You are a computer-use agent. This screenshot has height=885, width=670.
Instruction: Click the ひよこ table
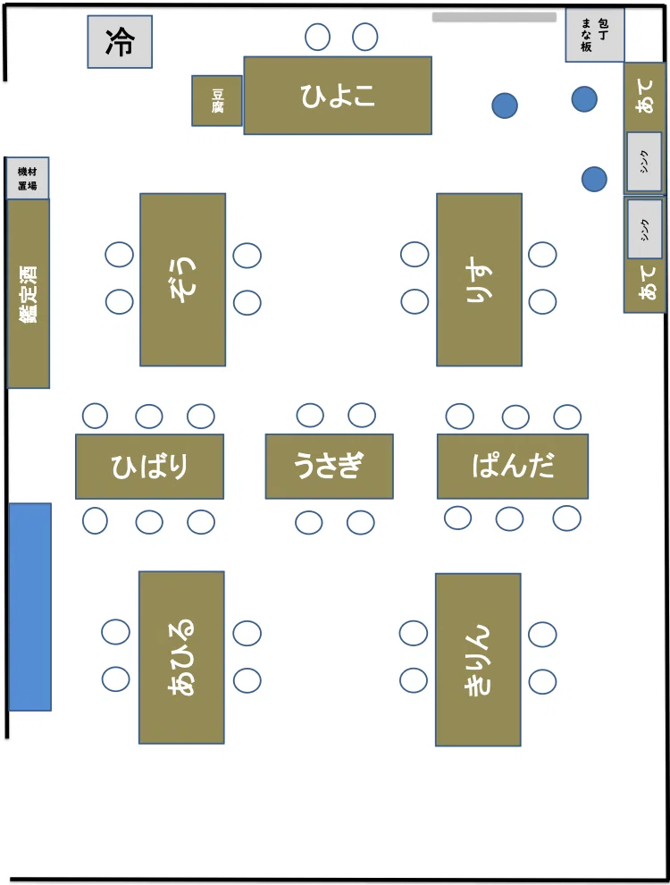(338, 96)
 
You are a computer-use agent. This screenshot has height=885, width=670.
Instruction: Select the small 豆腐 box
(217, 100)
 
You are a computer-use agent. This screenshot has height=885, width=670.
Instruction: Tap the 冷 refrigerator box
(120, 42)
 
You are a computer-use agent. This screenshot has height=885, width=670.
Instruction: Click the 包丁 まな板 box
(594, 35)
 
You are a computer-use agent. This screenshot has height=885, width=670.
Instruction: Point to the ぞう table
(183, 280)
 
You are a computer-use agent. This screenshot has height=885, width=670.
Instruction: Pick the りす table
(480, 280)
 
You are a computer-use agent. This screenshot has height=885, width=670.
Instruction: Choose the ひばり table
(149, 467)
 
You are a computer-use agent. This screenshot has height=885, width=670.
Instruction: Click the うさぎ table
(330, 467)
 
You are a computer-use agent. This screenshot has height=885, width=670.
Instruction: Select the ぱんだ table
(513, 467)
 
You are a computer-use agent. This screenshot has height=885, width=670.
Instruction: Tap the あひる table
(181, 657)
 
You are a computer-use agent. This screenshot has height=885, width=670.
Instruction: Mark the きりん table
(478, 659)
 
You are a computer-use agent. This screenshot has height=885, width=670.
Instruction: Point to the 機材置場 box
(28, 179)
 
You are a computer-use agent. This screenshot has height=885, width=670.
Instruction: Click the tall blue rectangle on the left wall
(29, 607)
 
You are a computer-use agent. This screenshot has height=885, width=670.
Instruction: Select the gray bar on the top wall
(495, 18)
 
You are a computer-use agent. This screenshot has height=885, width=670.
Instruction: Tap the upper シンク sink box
(644, 162)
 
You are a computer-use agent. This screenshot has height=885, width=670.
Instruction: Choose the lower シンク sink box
(644, 229)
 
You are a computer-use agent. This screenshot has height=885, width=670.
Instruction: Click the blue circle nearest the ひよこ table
(505, 105)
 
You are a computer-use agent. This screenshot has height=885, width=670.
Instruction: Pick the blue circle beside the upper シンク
(594, 180)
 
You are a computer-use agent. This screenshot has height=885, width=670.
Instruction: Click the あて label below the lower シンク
(647, 282)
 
